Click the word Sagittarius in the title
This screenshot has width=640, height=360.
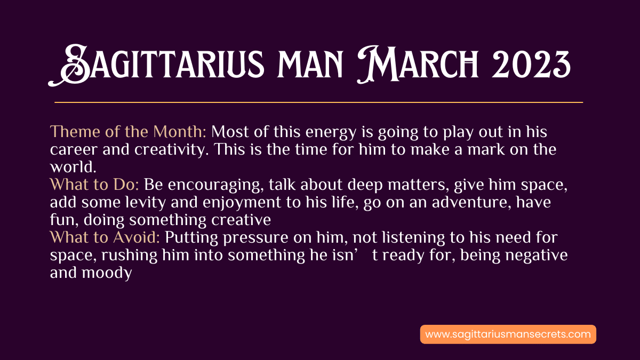pyautogui.click(x=156, y=65)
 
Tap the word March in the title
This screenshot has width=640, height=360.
pyautogui.click(x=418, y=65)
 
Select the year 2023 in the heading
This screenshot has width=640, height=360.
pyautogui.click(x=531, y=65)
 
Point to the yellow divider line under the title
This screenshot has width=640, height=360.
pyautogui.click(x=318, y=102)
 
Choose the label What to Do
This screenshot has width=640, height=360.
pyautogui.click(x=94, y=185)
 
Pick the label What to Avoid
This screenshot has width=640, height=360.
pyautogui.click(x=105, y=237)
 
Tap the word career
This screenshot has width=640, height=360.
pyautogui.click(x=74, y=150)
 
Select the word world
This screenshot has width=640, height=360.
pyautogui.click(x=73, y=167)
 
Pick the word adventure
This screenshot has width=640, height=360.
pyautogui.click(x=471, y=203)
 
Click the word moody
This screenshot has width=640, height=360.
pyautogui.click(x=107, y=274)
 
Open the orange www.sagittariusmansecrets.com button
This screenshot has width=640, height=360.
pyautogui.click(x=508, y=334)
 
